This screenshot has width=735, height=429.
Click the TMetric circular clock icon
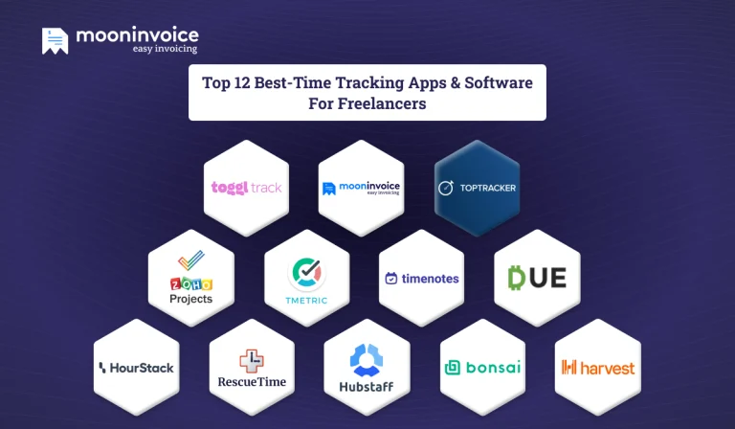click(x=306, y=272)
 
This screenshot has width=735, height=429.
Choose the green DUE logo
click(x=537, y=278)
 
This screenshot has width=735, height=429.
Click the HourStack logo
click(x=136, y=368)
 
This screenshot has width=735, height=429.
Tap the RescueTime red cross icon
click(x=251, y=361)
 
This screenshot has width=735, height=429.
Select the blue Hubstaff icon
click(x=366, y=359)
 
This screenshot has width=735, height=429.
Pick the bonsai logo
click(x=480, y=368)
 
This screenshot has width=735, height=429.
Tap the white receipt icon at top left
click(x=56, y=39)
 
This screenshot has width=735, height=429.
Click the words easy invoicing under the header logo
click(x=165, y=48)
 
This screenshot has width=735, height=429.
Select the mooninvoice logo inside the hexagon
click(x=361, y=188)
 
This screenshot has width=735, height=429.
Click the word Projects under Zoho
click(x=190, y=299)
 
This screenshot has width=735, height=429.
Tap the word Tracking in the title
click(x=392, y=82)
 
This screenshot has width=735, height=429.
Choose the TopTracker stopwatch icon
click(x=445, y=188)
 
